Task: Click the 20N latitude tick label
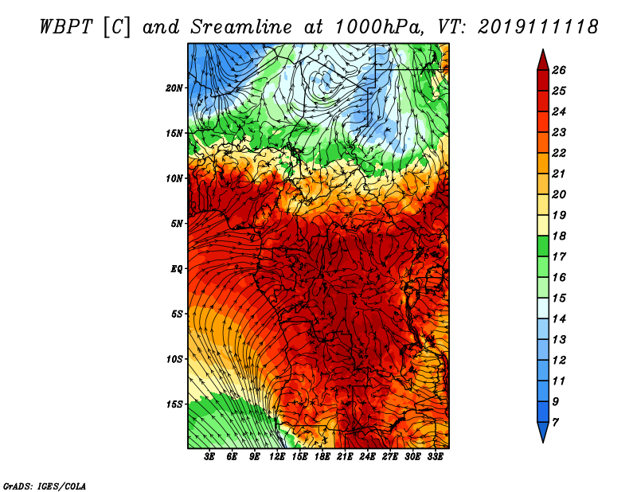[x=174, y=88]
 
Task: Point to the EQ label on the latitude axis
[x=176, y=269]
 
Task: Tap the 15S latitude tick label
[x=174, y=404]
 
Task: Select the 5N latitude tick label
[x=177, y=224]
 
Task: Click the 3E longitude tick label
[x=209, y=457]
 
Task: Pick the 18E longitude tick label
[x=322, y=457]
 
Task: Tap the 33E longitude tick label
[x=435, y=457]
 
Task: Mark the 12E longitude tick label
[x=277, y=457]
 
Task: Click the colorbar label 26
[x=559, y=70]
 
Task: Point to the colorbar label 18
[x=559, y=236]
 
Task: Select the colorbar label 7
[x=555, y=422]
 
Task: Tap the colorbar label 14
[x=559, y=319]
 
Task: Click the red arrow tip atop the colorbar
[x=543, y=49]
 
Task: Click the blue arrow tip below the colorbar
[x=543, y=442]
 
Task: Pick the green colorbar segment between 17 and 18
[x=543, y=246]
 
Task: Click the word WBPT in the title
[x=67, y=27]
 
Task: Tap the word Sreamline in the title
[x=241, y=27]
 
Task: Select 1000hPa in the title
[x=380, y=27]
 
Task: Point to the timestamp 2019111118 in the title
[x=537, y=27]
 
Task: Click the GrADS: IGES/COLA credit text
[x=45, y=486]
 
